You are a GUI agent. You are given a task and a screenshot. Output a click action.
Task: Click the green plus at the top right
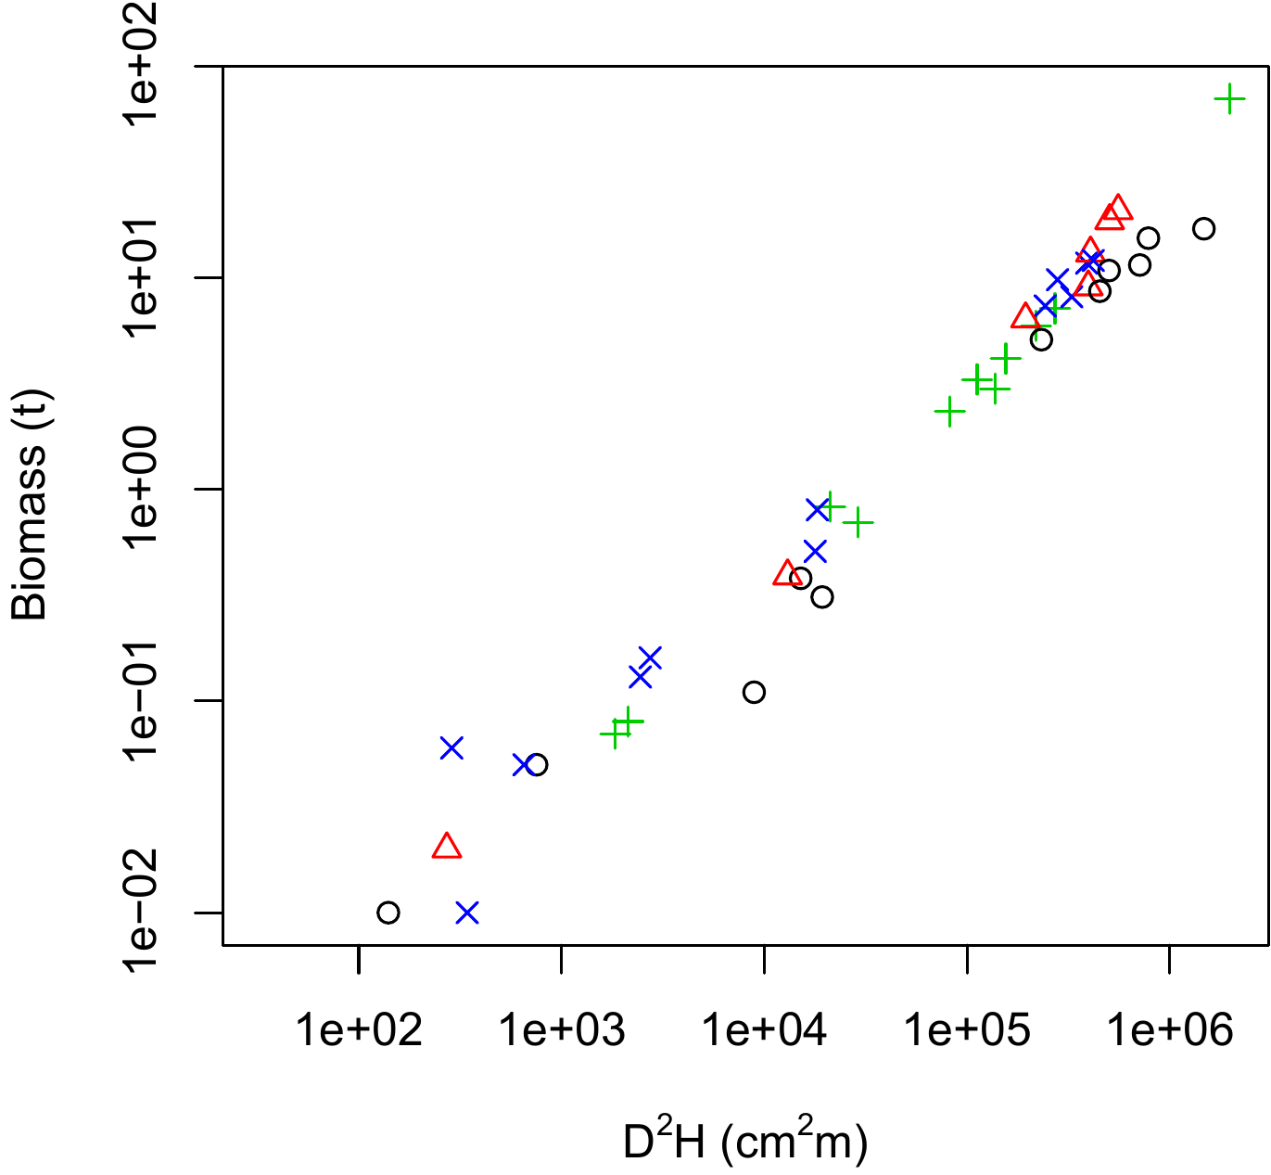point(1229,98)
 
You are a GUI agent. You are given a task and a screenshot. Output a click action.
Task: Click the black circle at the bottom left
point(388,913)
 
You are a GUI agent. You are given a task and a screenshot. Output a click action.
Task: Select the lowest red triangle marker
point(447,847)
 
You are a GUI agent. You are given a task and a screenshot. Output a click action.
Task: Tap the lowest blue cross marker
point(467,913)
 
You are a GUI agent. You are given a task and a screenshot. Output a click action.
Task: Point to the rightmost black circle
point(1203,228)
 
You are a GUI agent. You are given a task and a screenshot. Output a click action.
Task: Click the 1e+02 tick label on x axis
point(358,1029)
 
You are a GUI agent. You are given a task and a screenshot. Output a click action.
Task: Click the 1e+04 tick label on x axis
point(764,1029)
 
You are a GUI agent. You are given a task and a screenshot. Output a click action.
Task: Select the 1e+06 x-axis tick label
point(1169,1029)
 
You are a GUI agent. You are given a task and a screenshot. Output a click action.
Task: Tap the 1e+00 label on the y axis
point(144,489)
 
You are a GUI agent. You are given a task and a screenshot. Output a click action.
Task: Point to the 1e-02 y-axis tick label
point(144,912)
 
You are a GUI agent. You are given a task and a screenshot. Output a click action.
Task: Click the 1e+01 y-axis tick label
point(144,277)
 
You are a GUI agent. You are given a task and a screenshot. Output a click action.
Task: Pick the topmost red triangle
point(1118,208)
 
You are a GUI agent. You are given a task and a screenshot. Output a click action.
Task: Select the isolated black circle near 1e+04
point(754,692)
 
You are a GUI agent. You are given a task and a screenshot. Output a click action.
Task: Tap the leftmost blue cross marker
point(451,747)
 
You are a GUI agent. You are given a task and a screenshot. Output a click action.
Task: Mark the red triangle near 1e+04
point(787,573)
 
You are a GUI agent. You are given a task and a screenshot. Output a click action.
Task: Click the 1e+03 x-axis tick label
point(561,1029)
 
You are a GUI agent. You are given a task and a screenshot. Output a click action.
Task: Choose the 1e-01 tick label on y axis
point(144,700)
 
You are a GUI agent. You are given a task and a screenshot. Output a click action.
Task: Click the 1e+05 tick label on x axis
point(967,1029)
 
